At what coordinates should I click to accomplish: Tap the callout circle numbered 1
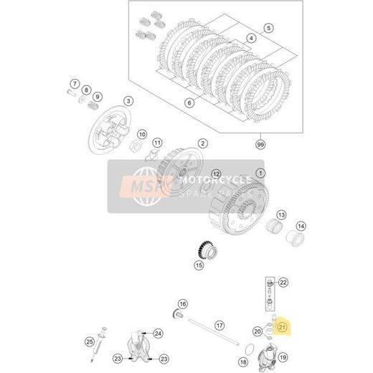click(x=260, y=173)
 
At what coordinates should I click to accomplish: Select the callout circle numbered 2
click(x=203, y=143)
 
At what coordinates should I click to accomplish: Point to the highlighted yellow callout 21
click(x=283, y=329)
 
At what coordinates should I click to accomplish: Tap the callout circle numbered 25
click(x=90, y=341)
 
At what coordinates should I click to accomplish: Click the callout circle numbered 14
click(x=301, y=227)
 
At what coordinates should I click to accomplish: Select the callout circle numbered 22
click(x=283, y=283)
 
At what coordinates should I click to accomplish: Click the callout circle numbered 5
click(x=269, y=28)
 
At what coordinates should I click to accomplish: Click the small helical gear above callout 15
click(x=206, y=251)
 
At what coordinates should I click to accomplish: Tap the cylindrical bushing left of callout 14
click(x=273, y=229)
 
